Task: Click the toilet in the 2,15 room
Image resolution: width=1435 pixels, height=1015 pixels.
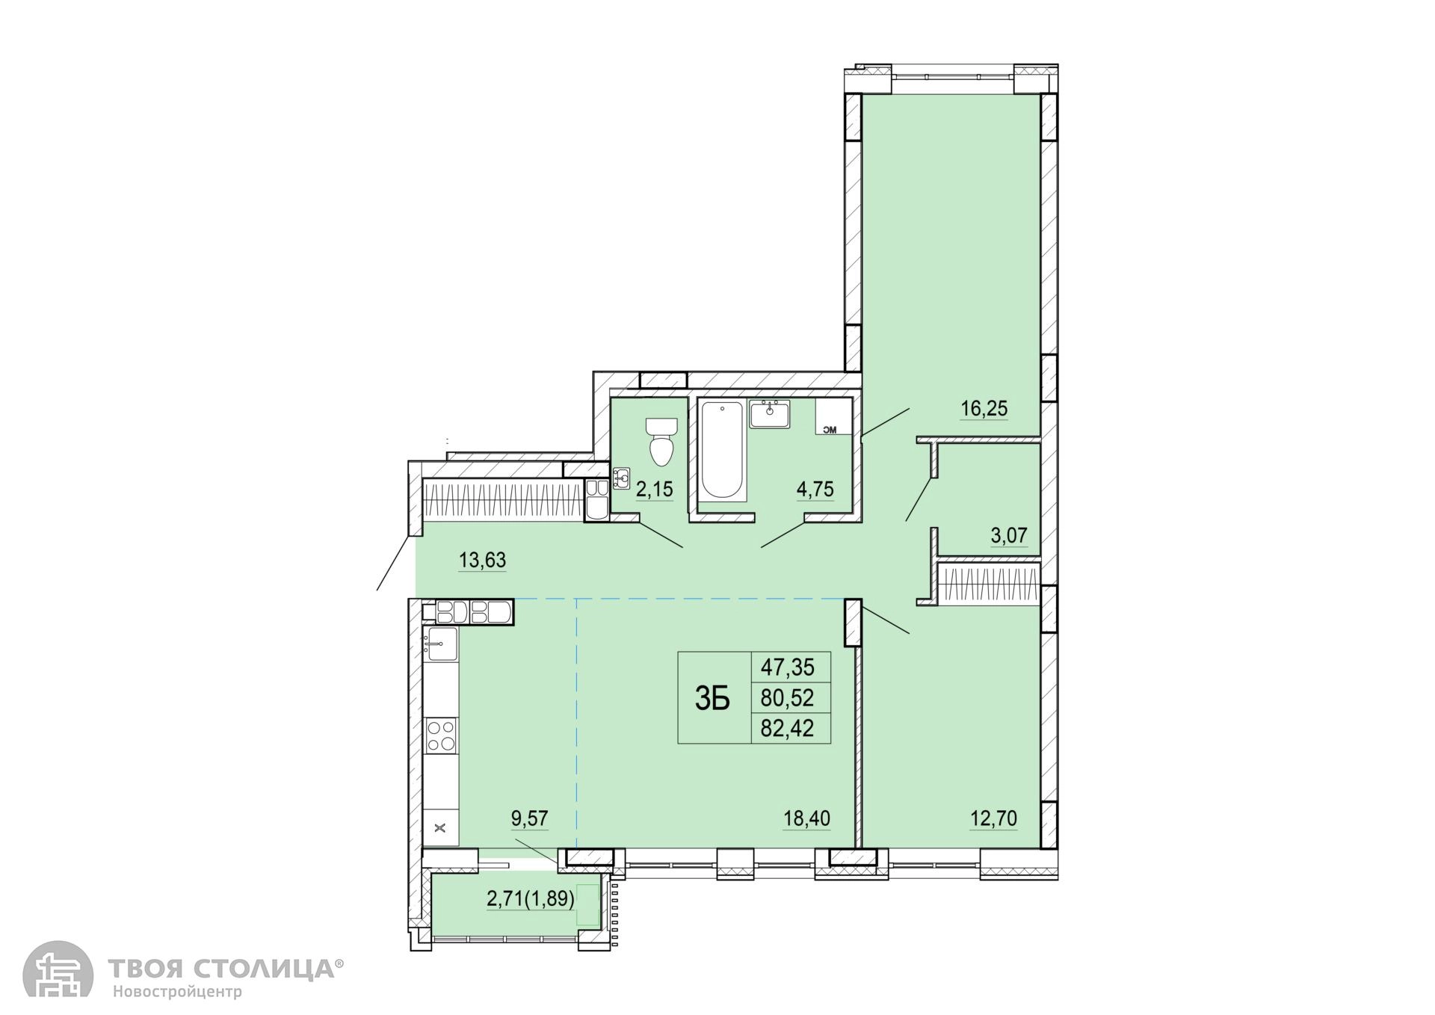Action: (x=661, y=441)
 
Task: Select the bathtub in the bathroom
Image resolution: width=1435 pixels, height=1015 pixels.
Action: (x=723, y=451)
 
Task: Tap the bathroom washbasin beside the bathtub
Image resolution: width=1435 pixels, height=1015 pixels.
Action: (x=769, y=414)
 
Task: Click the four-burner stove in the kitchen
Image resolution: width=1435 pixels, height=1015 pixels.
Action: (x=441, y=734)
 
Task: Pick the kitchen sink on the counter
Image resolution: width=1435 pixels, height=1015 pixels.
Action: (x=441, y=644)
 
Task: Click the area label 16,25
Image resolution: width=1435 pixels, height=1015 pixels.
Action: (x=984, y=408)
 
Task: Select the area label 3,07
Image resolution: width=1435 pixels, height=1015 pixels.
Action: (x=1010, y=535)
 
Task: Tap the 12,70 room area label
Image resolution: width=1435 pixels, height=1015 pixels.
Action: (x=993, y=818)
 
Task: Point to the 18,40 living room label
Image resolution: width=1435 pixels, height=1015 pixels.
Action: (x=806, y=818)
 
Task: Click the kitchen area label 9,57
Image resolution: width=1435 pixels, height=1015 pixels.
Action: (x=530, y=818)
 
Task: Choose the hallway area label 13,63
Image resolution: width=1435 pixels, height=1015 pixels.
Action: (x=482, y=559)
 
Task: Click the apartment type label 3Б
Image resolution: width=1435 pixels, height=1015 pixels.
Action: (x=712, y=698)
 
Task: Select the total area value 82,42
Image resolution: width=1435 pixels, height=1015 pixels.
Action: (x=787, y=726)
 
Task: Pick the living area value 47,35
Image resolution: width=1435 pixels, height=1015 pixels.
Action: (x=787, y=665)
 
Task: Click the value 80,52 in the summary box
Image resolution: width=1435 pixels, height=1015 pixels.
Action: (x=787, y=697)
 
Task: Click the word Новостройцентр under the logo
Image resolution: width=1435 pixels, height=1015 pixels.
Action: (x=178, y=993)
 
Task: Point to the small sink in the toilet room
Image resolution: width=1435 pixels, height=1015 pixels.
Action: (x=621, y=478)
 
